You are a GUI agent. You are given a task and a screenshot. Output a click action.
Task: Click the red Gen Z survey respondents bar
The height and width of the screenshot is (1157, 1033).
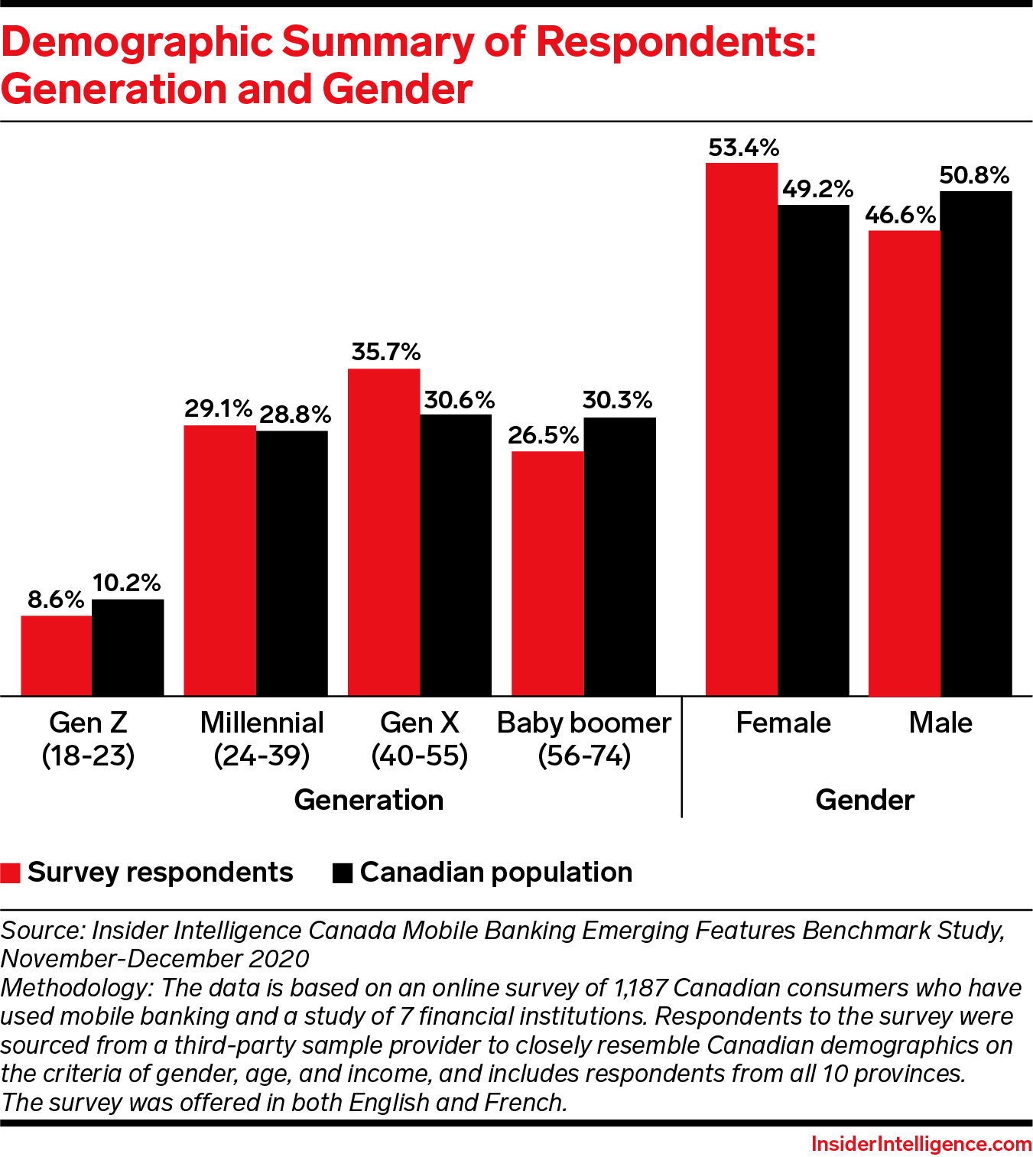[56, 655]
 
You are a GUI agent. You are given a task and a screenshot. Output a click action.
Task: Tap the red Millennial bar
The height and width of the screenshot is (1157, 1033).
[219, 560]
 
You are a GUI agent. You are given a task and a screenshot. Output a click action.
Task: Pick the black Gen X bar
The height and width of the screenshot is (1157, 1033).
[456, 554]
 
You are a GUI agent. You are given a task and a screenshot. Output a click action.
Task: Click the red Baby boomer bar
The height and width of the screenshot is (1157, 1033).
[547, 573]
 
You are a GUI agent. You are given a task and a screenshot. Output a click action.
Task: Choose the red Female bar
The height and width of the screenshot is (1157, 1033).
[741, 429]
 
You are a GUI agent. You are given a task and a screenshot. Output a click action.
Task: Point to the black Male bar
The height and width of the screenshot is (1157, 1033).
[976, 443]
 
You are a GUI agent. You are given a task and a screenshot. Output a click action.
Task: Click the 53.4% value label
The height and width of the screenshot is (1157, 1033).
[743, 148]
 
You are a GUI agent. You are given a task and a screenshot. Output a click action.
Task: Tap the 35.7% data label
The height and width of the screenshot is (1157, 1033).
[385, 352]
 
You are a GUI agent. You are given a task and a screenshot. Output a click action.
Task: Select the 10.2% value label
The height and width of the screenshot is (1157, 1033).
[127, 583]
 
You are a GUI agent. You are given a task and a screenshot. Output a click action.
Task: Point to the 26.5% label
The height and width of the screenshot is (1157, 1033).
[543, 435]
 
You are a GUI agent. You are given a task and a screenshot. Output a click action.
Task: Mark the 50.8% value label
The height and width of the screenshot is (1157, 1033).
[974, 176]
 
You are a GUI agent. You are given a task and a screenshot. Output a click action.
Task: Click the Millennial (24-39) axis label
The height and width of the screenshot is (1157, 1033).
[261, 739]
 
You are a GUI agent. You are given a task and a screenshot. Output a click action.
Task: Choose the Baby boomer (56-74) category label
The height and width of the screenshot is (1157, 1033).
[584, 739]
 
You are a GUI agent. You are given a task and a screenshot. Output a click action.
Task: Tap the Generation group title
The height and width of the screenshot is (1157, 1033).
[369, 800]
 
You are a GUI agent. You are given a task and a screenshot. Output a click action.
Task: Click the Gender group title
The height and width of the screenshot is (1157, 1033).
[865, 800]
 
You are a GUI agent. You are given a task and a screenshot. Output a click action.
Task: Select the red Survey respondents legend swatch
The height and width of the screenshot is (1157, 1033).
[10, 873]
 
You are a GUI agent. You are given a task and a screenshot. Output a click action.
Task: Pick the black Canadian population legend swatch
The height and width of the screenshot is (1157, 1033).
[343, 873]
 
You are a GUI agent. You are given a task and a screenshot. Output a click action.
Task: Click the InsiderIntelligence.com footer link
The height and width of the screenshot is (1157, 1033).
[921, 1143]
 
